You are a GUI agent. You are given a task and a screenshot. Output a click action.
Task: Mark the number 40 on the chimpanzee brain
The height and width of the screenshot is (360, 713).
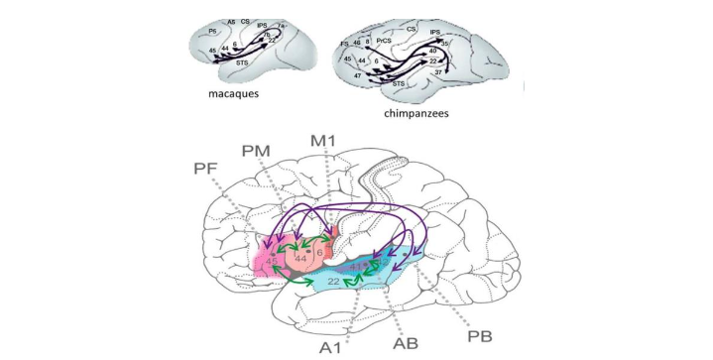pos(433,53)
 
